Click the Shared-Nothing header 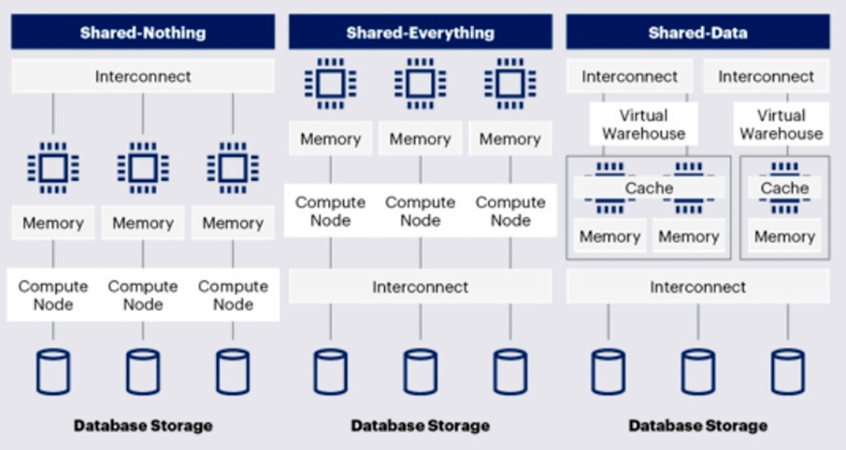point(143,32)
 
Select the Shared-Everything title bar point(421,32)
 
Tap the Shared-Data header point(697,32)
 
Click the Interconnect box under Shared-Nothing point(143,76)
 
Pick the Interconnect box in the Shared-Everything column point(421,287)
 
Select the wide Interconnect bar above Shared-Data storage point(697,287)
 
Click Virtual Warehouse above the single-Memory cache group point(781,124)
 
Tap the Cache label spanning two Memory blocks point(649,188)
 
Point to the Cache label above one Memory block point(784,188)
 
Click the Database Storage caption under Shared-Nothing point(143,426)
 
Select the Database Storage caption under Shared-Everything point(421,426)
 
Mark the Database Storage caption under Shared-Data point(697,426)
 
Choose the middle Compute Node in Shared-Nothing point(143,295)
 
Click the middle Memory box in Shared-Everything point(421,138)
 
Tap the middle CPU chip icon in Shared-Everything point(421,83)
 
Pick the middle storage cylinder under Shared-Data point(698,372)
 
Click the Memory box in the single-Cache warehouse point(784,236)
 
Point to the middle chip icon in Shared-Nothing point(143,168)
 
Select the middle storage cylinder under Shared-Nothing point(143,372)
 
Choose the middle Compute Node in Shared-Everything point(421,211)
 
